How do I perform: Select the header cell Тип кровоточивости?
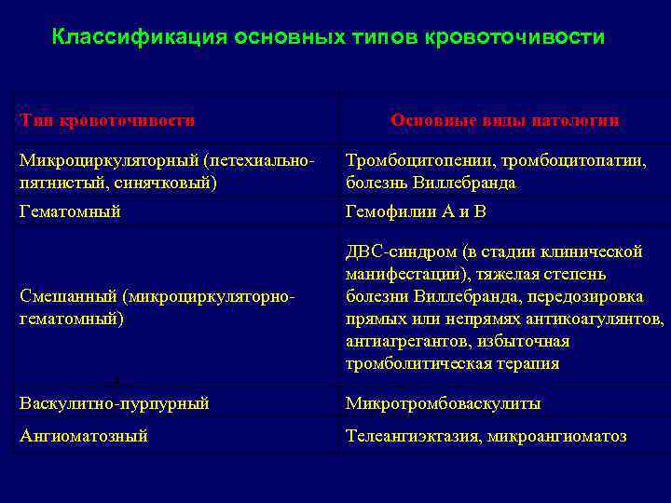[x=108, y=120]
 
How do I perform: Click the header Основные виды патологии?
[x=505, y=120]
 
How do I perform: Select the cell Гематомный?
[x=71, y=211]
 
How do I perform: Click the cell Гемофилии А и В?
[x=416, y=211]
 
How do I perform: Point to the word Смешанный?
[x=67, y=296]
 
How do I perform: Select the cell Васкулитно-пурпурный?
[x=115, y=403]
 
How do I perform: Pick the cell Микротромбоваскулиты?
[x=443, y=403]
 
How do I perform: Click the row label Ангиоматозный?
[x=84, y=435]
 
